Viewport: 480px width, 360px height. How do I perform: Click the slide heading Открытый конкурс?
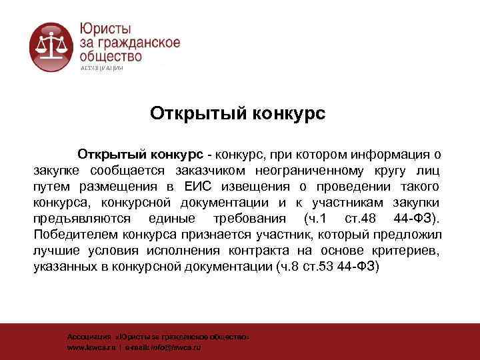coord(237,113)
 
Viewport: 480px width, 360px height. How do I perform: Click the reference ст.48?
coord(361,219)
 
